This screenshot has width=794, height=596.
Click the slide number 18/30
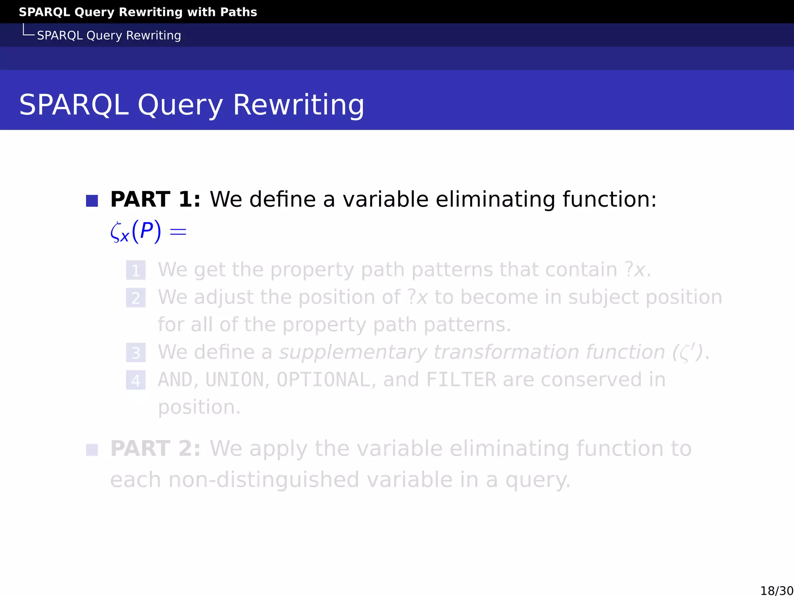[777, 590]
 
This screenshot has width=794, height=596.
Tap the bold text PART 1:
[155, 199]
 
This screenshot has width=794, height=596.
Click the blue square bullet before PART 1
[92, 201]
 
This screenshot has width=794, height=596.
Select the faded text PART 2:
[155, 449]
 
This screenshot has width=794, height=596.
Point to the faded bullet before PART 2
[92, 450]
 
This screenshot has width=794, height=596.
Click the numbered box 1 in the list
[136, 270]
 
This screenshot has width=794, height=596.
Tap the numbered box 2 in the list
[136, 298]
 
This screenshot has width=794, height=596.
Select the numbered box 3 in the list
[136, 353]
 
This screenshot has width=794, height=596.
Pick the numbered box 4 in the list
[136, 380]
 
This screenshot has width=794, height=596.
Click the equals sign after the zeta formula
[178, 232]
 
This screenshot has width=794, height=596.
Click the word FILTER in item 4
[461, 380]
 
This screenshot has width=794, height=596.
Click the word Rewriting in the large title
[298, 105]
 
